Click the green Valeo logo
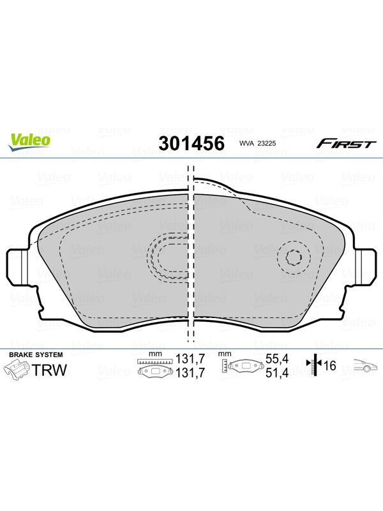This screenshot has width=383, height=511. [x=29, y=142]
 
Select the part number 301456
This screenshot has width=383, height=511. [x=191, y=143]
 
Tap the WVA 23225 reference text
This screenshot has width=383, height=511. [x=258, y=143]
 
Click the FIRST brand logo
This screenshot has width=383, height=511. [x=347, y=143]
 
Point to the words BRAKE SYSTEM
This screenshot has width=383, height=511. [x=36, y=355]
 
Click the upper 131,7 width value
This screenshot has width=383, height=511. [x=190, y=359]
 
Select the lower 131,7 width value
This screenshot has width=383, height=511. [x=190, y=372]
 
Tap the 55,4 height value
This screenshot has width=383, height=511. [x=277, y=359]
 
